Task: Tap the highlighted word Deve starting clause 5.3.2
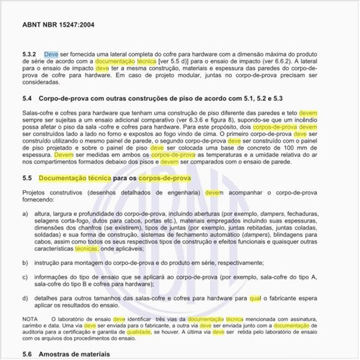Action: pos(51,55)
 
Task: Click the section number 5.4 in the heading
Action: pos(29,97)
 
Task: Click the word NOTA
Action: pos(31,338)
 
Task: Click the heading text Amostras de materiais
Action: pos(93,355)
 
